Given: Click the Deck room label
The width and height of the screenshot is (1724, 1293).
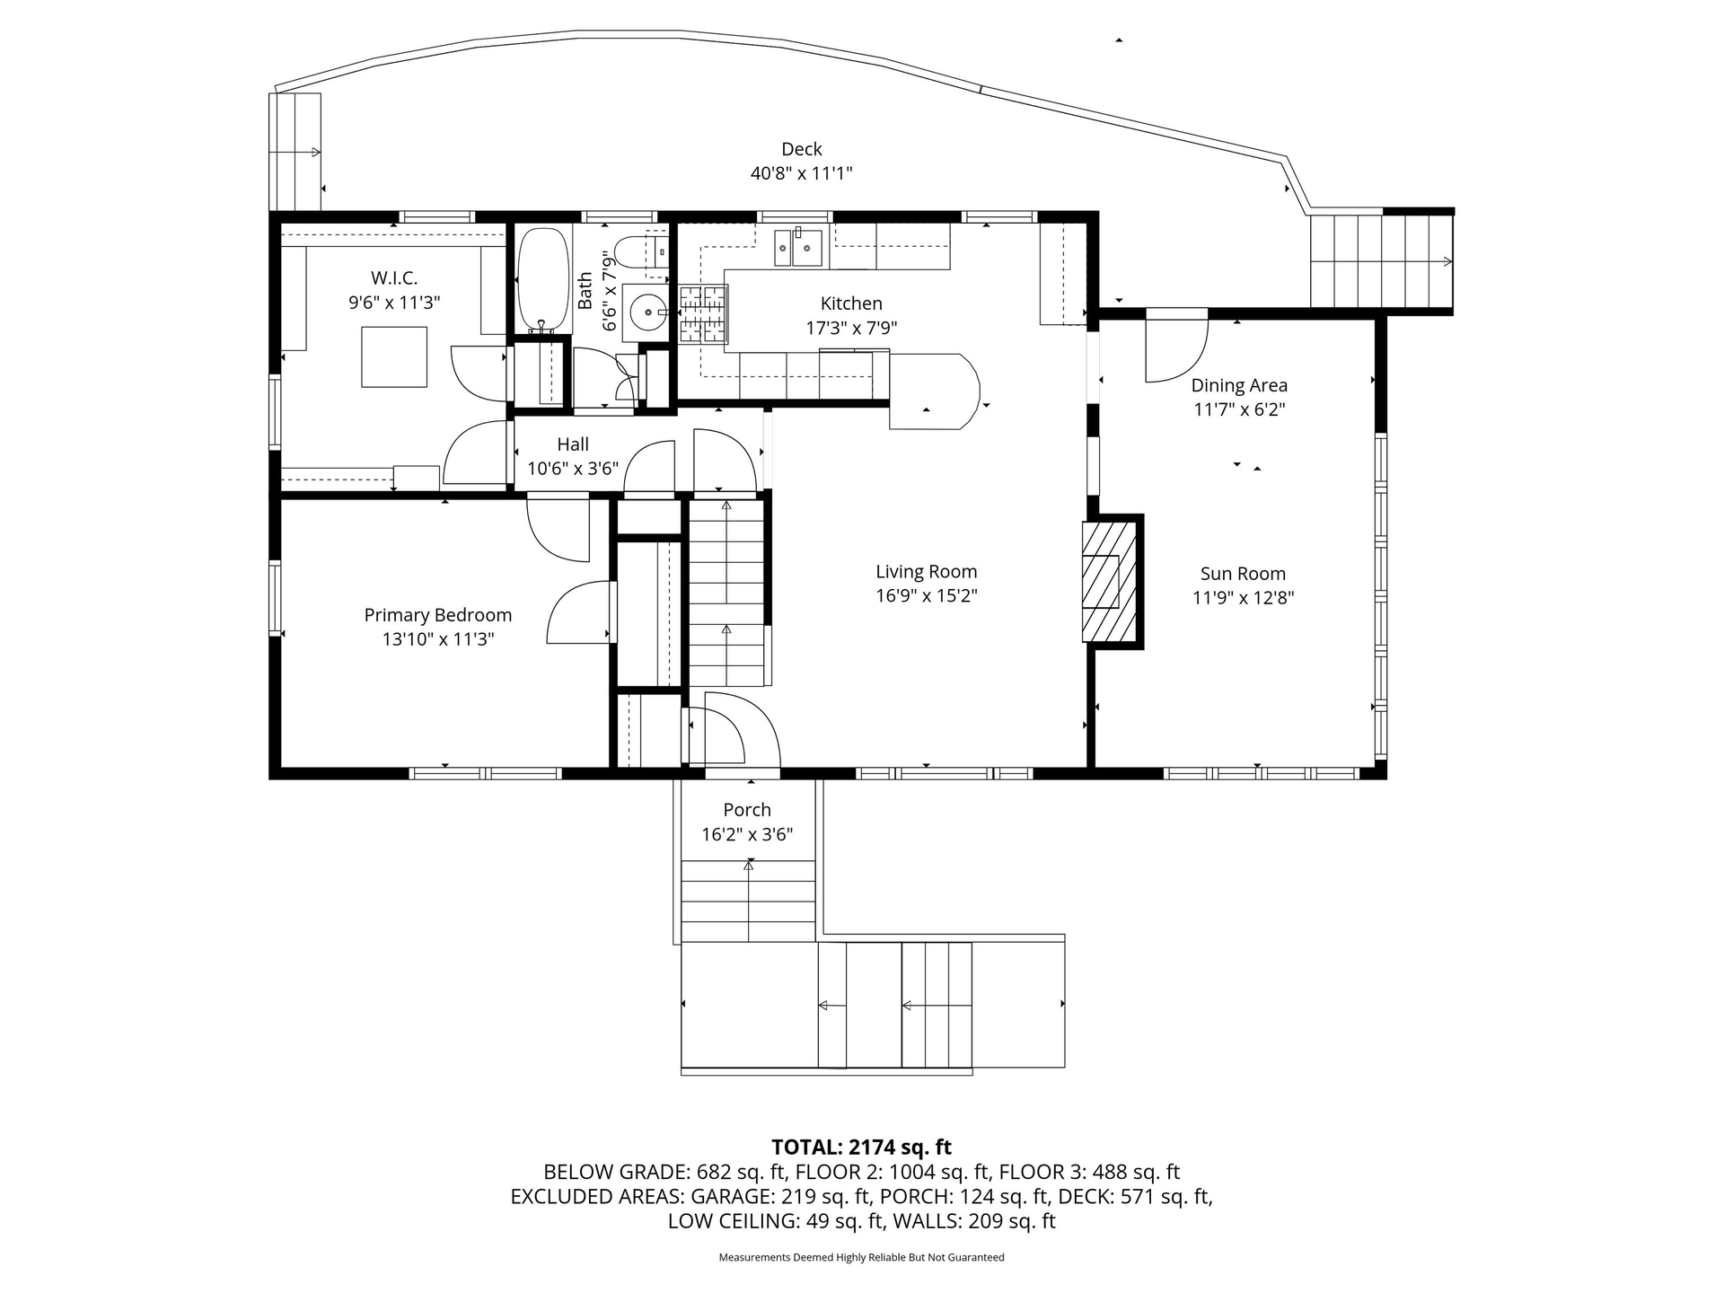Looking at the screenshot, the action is (801, 149).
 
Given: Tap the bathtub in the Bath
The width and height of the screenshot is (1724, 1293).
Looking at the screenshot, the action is (543, 280).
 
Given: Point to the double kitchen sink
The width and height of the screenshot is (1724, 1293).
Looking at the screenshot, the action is (799, 248).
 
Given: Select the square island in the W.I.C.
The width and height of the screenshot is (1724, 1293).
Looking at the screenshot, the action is (394, 356).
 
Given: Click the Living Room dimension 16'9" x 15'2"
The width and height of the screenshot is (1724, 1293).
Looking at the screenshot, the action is (927, 595).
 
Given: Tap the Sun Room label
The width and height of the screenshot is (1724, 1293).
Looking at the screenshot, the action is (1243, 574).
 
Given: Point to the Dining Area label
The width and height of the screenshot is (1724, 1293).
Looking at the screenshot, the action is (1239, 385).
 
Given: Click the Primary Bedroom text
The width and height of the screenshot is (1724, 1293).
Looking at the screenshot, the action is (438, 615).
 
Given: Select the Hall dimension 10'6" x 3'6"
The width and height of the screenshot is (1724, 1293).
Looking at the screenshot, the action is (573, 468).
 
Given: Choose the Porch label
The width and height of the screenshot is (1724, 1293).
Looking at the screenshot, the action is (747, 810).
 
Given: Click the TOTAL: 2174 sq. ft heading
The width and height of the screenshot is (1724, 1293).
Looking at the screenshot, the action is (862, 1147).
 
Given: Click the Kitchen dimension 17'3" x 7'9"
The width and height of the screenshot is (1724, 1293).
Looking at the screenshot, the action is (851, 328).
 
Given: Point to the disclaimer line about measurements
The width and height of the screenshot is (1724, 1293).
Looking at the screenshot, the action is (862, 1257).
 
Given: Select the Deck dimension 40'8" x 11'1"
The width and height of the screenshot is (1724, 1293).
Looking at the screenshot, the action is (801, 173).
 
